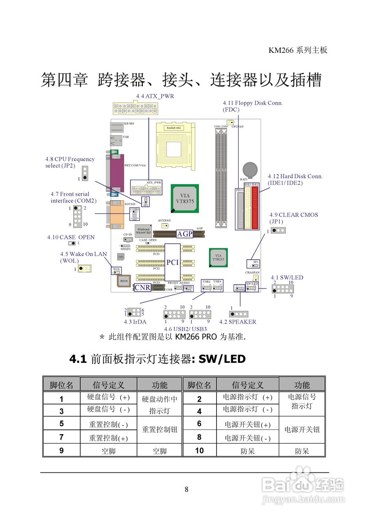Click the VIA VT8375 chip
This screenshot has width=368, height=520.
[x=185, y=198]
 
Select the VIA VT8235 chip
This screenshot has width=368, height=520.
[x=218, y=258]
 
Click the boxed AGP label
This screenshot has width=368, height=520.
[x=185, y=234]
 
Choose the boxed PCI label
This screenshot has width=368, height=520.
[x=173, y=262]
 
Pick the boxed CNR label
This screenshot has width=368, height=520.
[x=142, y=288]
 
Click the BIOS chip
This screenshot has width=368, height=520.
[x=124, y=281]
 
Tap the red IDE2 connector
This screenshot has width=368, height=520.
[x=255, y=206]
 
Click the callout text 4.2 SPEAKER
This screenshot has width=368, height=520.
[x=238, y=322]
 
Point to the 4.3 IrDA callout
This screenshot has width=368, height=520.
[x=136, y=322]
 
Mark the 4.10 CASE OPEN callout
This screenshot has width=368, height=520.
[x=71, y=237]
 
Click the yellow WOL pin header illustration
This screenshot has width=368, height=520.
[x=85, y=269]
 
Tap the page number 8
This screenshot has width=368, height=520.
[x=186, y=489]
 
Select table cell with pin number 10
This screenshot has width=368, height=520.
[x=199, y=450]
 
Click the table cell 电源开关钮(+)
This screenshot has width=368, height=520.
[x=248, y=425]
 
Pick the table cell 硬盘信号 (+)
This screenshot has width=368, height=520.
[x=109, y=397]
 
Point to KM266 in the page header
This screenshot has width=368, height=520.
[x=280, y=50]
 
